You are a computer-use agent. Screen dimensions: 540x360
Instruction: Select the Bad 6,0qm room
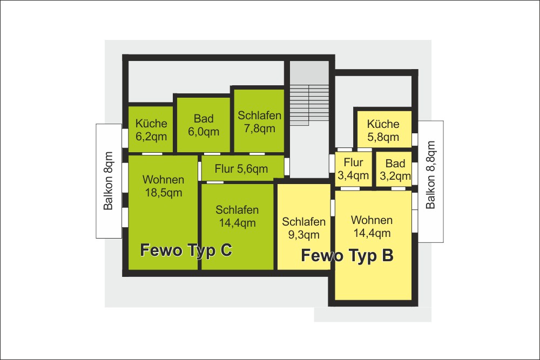203,125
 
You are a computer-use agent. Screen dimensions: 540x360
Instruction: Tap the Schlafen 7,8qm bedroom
259,120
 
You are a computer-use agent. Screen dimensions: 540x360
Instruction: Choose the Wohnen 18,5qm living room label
163,186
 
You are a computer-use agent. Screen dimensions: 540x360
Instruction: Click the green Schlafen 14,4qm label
237,216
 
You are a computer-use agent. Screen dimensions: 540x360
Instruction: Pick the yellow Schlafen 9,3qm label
303,228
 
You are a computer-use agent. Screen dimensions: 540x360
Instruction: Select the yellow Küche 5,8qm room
383,129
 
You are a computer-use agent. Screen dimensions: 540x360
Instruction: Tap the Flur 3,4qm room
353,169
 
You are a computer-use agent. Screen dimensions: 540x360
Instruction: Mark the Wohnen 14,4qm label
372,226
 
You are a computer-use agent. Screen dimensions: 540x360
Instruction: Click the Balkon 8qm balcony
109,181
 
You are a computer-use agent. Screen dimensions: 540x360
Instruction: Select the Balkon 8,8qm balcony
430,181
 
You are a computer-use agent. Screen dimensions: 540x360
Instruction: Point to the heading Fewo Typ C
186,250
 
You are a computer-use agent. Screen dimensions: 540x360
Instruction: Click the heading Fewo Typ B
347,255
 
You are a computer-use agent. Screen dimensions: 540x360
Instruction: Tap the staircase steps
309,105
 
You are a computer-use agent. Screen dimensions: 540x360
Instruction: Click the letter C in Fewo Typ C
226,250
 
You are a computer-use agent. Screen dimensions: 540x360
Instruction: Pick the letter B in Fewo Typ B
388,255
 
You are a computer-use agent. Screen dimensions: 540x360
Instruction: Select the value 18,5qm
163,193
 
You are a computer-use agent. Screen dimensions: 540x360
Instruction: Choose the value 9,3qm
303,235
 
